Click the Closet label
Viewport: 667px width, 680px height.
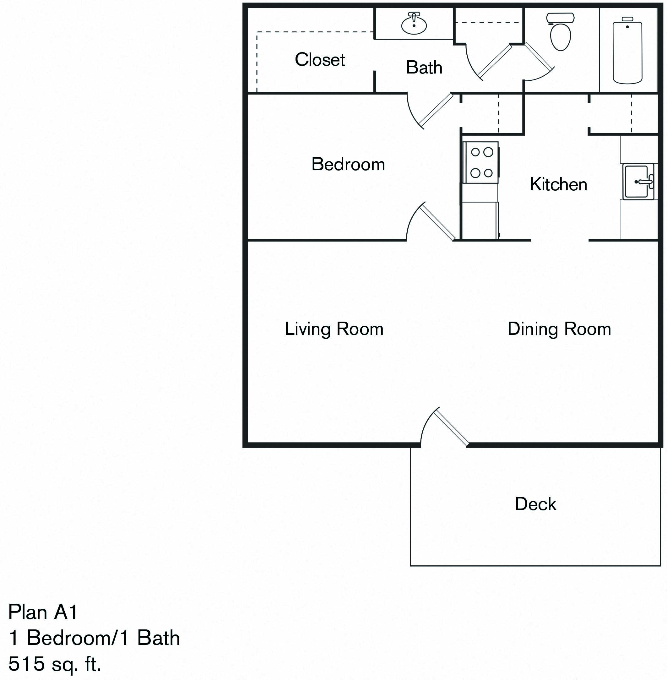(319, 60)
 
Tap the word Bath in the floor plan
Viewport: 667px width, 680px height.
(424, 68)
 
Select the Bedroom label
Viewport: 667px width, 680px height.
(348, 164)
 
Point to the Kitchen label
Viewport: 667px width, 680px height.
(558, 184)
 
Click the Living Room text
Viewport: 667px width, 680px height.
(334, 329)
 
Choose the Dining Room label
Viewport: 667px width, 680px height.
(559, 329)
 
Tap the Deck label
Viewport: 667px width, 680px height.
(535, 504)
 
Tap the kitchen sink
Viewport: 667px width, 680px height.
(637, 182)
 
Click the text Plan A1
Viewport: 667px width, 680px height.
(43, 612)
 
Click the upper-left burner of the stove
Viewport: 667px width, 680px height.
(475, 152)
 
